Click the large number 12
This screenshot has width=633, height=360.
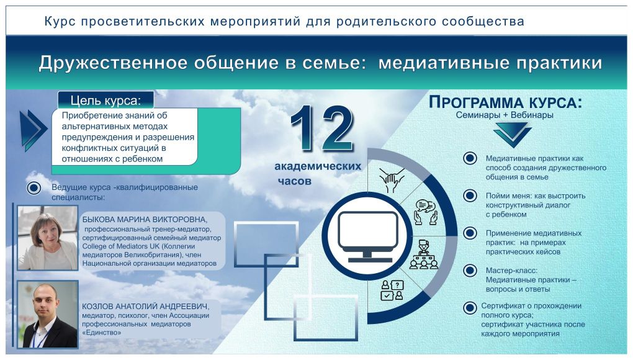[x=321, y=129]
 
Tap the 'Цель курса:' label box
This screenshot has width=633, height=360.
[x=105, y=100]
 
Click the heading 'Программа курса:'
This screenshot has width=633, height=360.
[x=505, y=102]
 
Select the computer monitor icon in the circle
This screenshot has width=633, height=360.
[x=367, y=236]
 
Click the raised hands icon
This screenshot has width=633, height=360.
[x=392, y=180]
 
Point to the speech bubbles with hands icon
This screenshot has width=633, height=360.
[x=426, y=212]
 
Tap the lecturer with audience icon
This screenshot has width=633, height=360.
[x=423, y=254]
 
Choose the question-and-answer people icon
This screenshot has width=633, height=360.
[x=392, y=290]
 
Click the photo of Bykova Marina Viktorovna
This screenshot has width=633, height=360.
[x=48, y=238]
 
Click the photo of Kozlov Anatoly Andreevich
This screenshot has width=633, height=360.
[x=48, y=315]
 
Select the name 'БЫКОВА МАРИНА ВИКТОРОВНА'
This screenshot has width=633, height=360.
[x=144, y=220]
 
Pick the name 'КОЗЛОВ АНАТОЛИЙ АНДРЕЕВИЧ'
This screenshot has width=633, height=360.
[x=145, y=307]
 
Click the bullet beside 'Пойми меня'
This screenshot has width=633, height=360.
[x=470, y=196]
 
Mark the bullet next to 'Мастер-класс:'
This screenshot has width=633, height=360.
[x=470, y=271]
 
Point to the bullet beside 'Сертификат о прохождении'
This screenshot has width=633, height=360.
[x=470, y=308]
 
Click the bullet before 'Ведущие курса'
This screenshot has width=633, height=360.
[x=34, y=187]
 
